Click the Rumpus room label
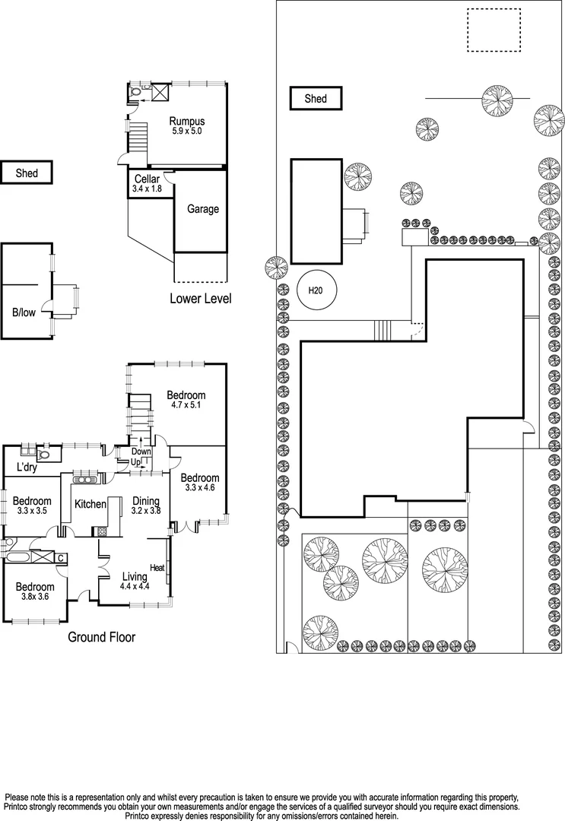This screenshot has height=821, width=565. (x=186, y=121)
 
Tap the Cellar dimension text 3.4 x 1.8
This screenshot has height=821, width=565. (x=147, y=189)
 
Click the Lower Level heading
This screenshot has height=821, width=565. (x=201, y=299)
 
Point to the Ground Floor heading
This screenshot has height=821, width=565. (x=102, y=637)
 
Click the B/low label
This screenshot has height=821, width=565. (x=23, y=312)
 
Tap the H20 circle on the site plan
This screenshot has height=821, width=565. (x=316, y=290)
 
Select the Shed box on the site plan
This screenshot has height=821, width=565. (x=316, y=99)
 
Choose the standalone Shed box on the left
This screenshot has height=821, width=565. (x=27, y=173)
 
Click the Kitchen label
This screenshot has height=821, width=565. (x=90, y=504)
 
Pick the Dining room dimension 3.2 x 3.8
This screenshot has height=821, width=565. (x=147, y=512)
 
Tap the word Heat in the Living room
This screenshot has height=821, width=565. (x=157, y=568)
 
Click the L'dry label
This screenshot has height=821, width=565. (x=27, y=467)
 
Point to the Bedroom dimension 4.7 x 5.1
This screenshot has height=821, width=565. (x=186, y=405)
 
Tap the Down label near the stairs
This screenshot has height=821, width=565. (x=142, y=452)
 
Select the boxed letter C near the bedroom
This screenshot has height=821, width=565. (x=61, y=558)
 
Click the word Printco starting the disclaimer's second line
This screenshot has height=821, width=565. (x=21, y=806)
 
